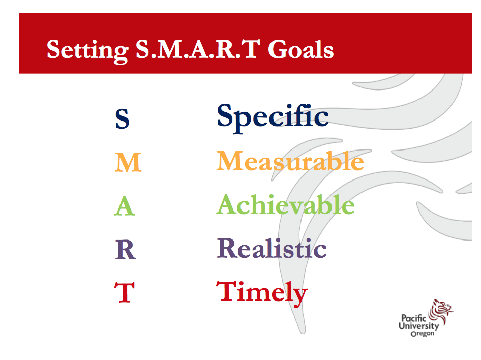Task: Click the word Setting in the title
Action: point(88,51)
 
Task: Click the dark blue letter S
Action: point(122,119)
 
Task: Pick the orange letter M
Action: point(128,162)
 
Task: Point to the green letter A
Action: point(124,206)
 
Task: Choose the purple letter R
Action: point(126,250)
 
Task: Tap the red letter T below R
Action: point(124,292)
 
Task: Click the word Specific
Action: point(273,118)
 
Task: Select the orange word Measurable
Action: point(290,161)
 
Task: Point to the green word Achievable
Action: point(285,204)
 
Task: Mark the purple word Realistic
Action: point(272,248)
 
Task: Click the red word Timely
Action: point(262,293)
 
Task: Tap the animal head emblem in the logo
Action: point(441,312)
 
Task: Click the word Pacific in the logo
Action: point(413,318)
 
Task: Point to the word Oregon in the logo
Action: point(423,334)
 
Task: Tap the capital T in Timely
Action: point(227,291)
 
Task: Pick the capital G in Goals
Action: point(278,49)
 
